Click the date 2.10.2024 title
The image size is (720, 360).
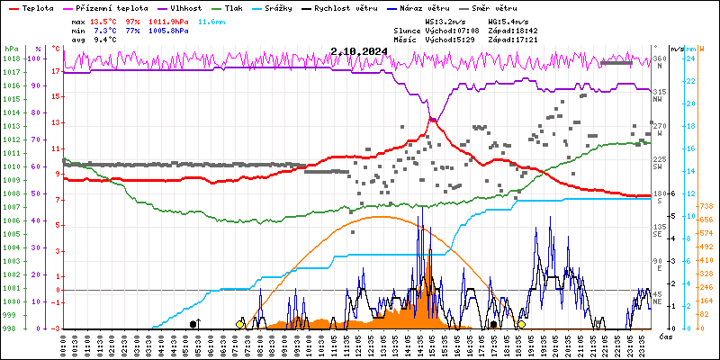tap(359, 51)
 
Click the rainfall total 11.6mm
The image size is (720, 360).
tap(211, 21)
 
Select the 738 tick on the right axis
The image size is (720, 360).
tap(707, 206)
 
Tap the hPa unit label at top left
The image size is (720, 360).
tap(11, 49)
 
